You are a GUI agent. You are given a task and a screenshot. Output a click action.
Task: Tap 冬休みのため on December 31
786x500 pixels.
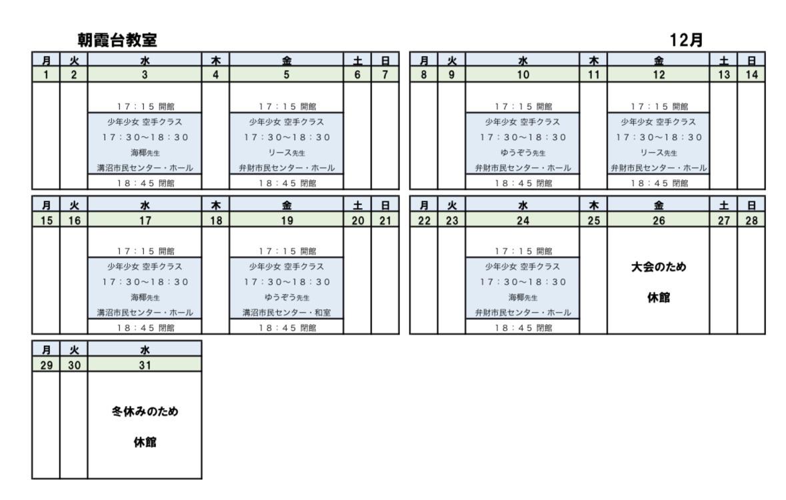click(144, 412)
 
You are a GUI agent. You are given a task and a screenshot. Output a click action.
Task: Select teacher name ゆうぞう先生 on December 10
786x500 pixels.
click(522, 153)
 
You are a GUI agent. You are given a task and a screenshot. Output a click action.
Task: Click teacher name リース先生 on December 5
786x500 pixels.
click(286, 153)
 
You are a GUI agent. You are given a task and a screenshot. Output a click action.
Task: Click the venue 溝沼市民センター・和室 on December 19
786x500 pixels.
click(286, 312)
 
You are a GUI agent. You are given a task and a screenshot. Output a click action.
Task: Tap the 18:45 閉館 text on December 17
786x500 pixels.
click(144, 327)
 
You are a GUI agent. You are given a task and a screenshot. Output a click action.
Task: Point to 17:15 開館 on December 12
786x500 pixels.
click(658, 106)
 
